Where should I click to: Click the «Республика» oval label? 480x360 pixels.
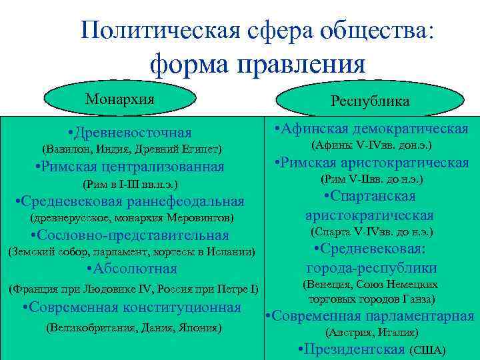pos(370,101)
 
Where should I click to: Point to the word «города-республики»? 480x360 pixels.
pos(371,269)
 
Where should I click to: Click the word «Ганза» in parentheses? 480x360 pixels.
pos(417,299)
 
